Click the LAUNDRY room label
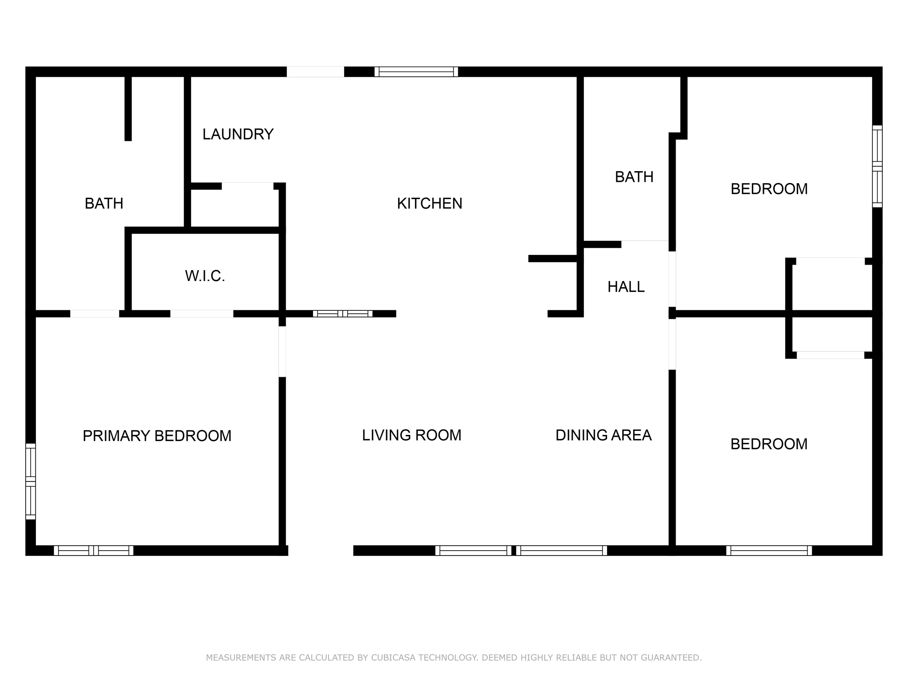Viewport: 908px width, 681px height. [238, 134]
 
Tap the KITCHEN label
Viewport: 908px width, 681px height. [429, 204]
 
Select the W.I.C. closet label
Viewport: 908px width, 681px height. [205, 276]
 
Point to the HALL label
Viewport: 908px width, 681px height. [626, 287]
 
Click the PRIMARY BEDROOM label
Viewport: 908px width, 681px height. [157, 436]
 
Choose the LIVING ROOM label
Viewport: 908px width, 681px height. [411, 435]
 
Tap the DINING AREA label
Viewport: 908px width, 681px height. [603, 435]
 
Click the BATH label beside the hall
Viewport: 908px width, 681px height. [634, 177]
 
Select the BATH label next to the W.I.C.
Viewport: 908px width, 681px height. [104, 204]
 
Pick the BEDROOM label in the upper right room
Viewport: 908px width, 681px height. [769, 189]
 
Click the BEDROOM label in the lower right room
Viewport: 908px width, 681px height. [769, 444]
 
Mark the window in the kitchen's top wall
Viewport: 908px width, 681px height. [416, 72]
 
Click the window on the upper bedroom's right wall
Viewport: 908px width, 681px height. [877, 166]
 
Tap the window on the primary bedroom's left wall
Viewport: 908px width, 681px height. [30, 481]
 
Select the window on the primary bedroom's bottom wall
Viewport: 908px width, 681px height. [94, 551]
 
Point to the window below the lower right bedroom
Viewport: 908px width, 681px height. [769, 551]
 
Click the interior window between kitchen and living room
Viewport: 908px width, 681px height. [342, 314]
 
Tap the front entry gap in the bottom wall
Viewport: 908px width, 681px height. [321, 551]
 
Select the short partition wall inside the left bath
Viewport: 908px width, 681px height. [128, 109]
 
